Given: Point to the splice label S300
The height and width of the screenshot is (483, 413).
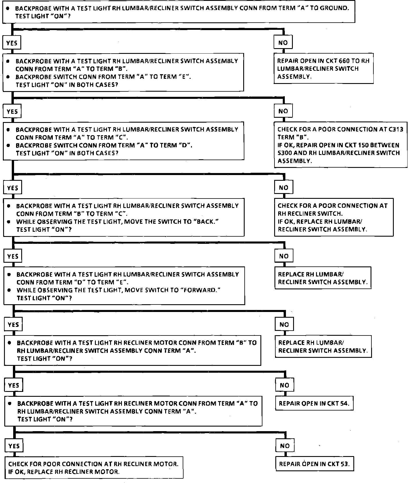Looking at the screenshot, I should pyautogui.click(x=285, y=153).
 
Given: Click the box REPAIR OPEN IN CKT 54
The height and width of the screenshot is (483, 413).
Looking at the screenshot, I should pyautogui.click(x=314, y=403).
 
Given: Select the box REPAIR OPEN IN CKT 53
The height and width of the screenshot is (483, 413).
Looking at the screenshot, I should pyautogui.click(x=314, y=464).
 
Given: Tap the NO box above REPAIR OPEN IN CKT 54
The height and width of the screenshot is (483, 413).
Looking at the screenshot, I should pyautogui.click(x=284, y=385).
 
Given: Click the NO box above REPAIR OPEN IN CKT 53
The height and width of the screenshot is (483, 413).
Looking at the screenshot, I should pyautogui.click(x=285, y=446).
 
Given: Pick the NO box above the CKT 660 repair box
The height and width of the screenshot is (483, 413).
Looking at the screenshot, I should pyautogui.click(x=283, y=43).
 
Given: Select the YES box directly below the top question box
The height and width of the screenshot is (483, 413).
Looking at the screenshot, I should pyautogui.click(x=12, y=43).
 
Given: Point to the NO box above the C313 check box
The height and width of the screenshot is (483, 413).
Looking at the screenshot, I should pyautogui.click(x=283, y=111).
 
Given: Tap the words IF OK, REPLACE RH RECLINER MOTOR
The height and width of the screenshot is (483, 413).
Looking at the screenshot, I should pyautogui.click(x=64, y=472).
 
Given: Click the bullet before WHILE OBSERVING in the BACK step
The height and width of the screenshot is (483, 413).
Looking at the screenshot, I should pyautogui.click(x=9, y=221).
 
